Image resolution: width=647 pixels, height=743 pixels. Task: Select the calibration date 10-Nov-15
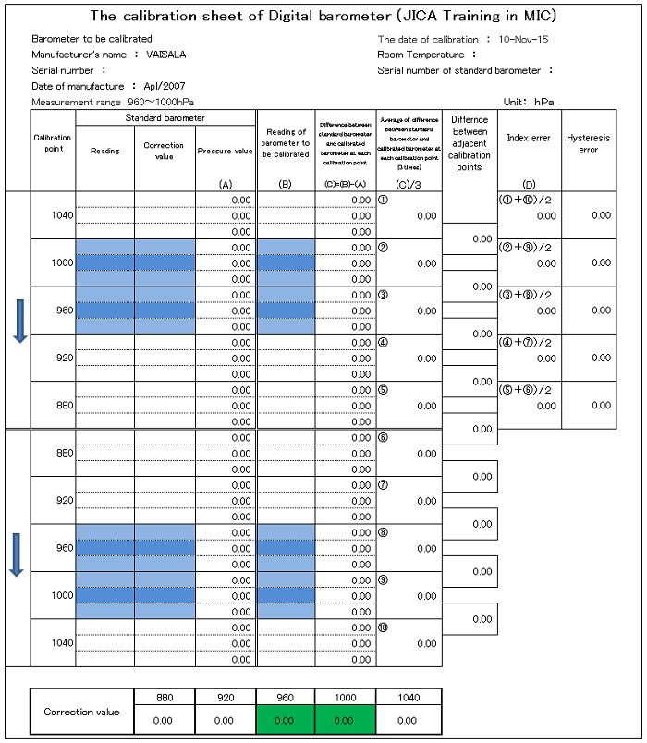[523, 40]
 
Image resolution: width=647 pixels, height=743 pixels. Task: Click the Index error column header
[529, 138]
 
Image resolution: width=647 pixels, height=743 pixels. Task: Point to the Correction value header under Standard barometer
[164, 151]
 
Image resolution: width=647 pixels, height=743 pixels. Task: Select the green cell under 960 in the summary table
[284, 719]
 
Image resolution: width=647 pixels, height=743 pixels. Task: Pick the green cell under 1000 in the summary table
[344, 719]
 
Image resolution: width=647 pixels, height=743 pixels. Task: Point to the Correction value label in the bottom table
[82, 712]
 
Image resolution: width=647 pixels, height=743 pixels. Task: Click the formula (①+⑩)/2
[529, 200]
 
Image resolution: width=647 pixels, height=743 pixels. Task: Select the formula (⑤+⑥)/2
[529, 389]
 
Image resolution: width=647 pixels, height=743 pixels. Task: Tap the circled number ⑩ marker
[384, 627]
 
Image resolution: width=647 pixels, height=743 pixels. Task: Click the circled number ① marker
[384, 200]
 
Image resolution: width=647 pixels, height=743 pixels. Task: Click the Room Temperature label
[421, 55]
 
